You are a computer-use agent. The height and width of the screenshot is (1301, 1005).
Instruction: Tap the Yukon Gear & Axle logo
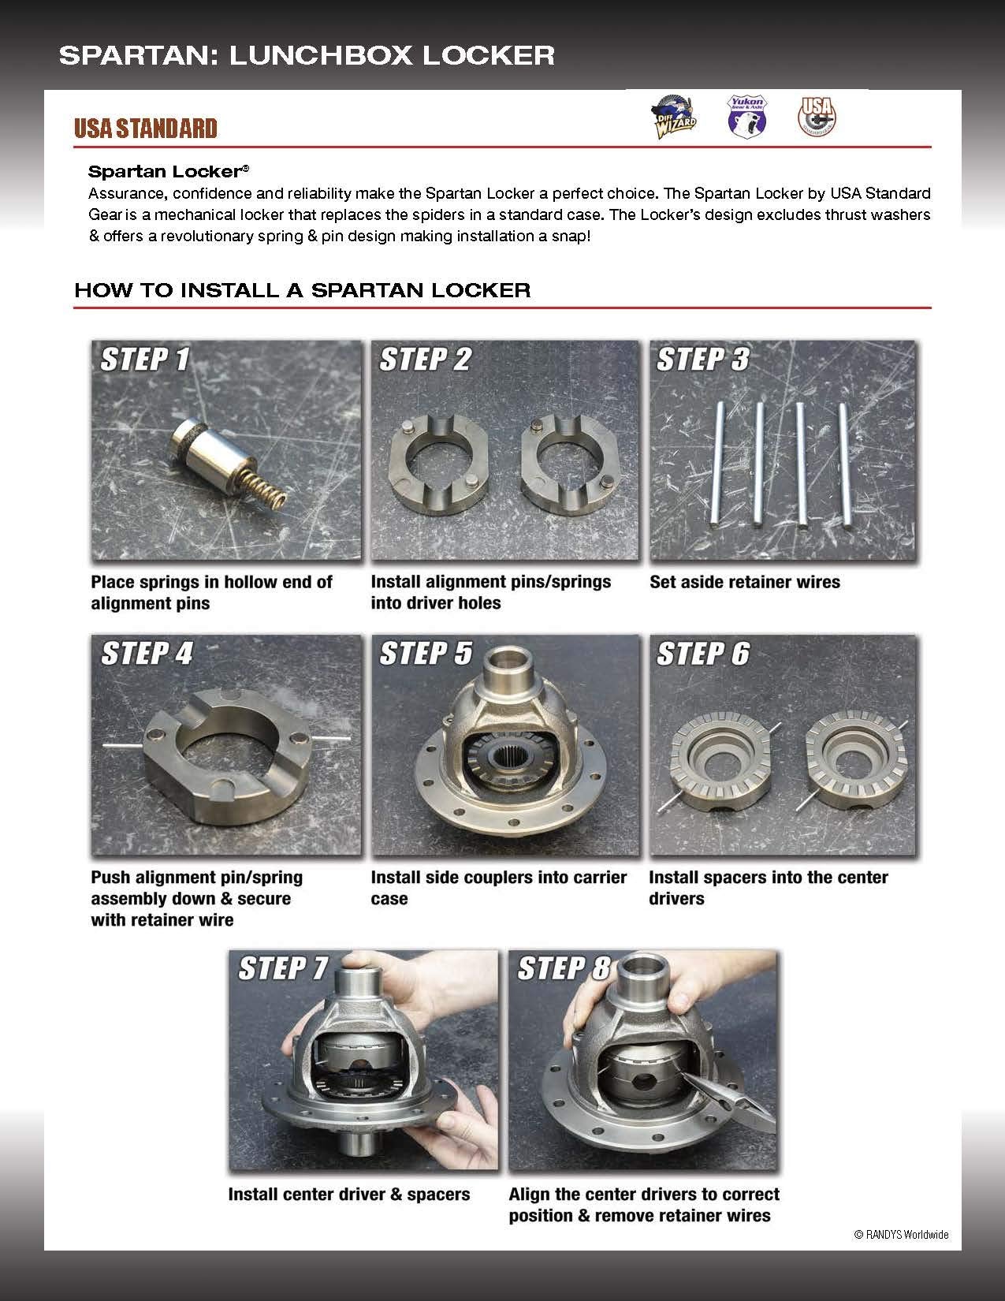(745, 116)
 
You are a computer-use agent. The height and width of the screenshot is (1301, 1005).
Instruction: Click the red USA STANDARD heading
(145, 129)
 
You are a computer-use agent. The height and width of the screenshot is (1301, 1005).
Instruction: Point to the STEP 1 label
(145, 360)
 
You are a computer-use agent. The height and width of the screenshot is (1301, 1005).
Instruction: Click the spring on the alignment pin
(263, 482)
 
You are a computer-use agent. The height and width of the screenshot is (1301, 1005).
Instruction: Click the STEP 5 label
(426, 654)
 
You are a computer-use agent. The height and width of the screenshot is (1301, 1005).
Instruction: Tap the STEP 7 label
(283, 968)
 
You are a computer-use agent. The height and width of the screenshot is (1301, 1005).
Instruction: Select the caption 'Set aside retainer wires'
(745, 583)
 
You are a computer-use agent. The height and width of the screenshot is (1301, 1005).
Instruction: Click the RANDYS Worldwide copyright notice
(901, 1235)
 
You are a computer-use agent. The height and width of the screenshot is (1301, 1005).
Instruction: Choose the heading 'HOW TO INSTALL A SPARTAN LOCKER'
(303, 290)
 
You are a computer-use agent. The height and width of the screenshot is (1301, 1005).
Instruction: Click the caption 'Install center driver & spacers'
(349, 1195)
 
